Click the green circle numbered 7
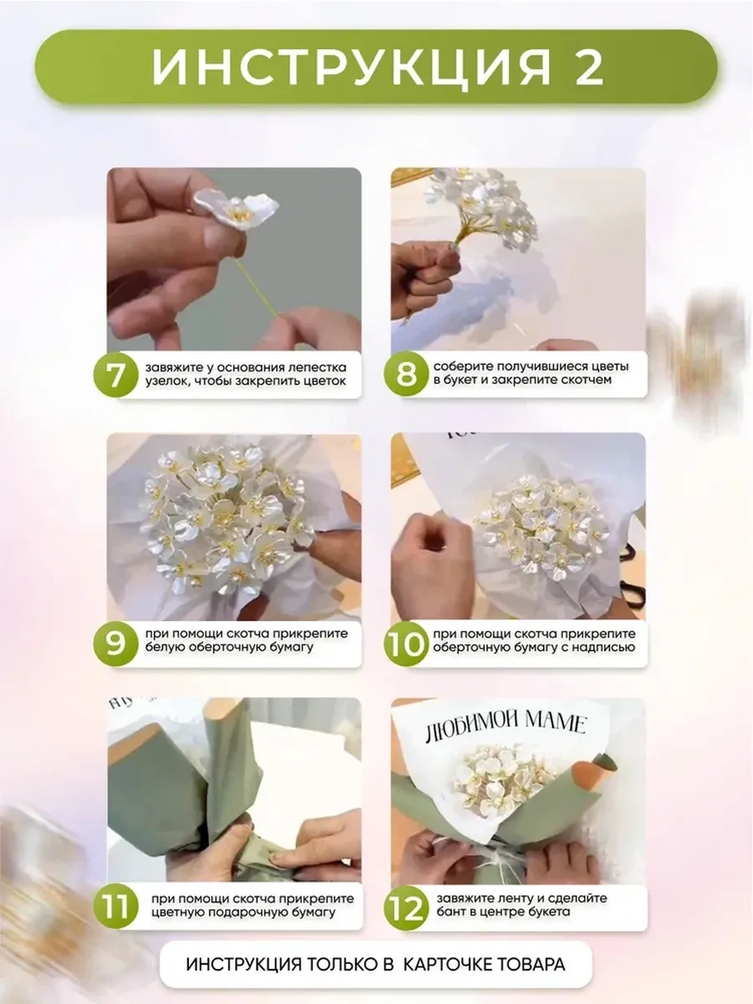click(115, 374)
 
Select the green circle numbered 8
click(406, 374)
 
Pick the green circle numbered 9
click(115, 643)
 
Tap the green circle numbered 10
click(406, 643)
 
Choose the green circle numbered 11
click(115, 907)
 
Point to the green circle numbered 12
click(406, 907)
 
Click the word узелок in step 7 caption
click(164, 381)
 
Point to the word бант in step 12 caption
click(450, 912)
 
